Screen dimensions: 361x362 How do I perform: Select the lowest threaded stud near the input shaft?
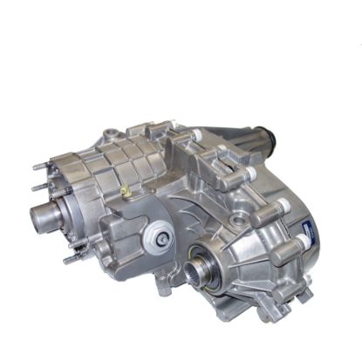tap(69, 259)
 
